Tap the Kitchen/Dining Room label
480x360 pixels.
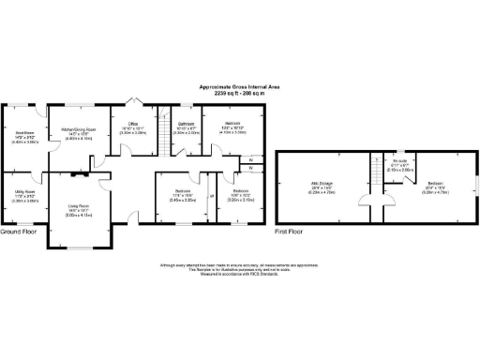pos(80,130)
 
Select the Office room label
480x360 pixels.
pos(132,124)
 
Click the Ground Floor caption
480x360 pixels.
pos(18,231)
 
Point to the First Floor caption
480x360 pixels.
pos(289,231)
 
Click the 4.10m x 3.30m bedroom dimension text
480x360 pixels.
pos(234,134)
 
